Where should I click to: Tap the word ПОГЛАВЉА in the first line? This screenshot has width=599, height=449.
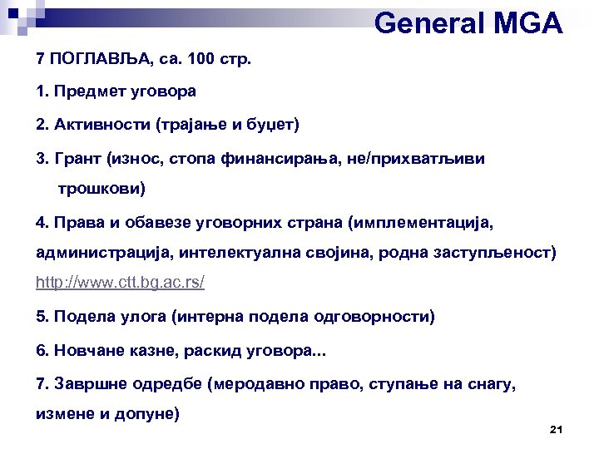[x=95, y=61]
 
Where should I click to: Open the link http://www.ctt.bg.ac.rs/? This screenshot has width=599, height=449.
[x=120, y=283]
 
